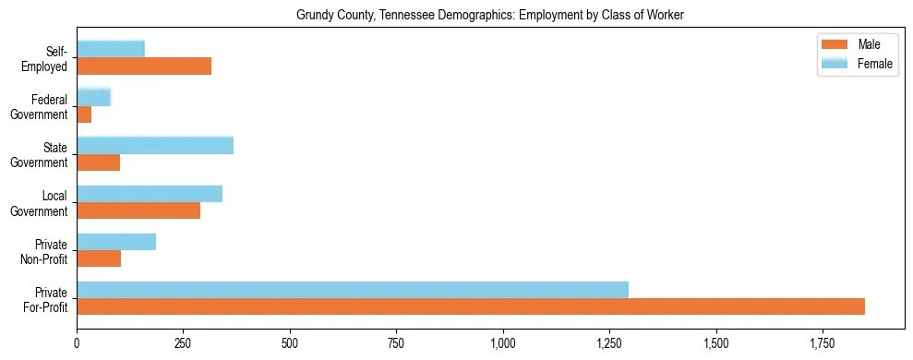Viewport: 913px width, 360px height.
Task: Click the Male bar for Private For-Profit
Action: [x=471, y=306]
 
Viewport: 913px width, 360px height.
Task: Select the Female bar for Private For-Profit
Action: [x=353, y=290]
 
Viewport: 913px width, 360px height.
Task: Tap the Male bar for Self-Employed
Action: [x=144, y=66]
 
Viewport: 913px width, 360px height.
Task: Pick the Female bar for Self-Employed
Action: [x=111, y=49]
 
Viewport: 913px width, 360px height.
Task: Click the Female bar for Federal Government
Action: [x=93, y=97]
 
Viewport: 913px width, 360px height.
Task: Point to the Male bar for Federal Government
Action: [x=84, y=114]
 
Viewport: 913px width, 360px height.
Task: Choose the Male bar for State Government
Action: [x=98, y=162]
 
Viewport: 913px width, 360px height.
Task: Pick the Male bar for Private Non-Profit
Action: [x=99, y=258]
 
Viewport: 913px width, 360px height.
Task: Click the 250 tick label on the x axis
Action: [x=183, y=343]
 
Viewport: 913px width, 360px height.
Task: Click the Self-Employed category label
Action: [x=50, y=58]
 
